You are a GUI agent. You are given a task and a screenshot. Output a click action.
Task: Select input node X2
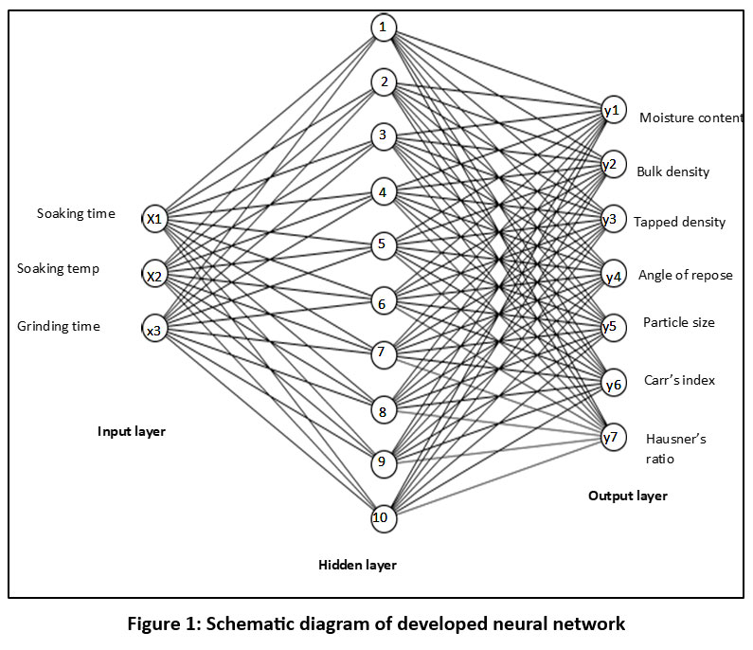(154, 276)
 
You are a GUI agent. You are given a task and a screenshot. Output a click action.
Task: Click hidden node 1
(383, 27)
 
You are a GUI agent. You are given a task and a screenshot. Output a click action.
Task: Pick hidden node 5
(383, 245)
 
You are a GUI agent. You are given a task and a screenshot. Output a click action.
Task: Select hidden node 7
(383, 354)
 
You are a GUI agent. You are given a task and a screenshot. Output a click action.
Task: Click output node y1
(612, 111)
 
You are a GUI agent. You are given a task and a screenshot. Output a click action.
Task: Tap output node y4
(612, 276)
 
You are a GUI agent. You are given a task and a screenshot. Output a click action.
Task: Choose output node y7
(612, 436)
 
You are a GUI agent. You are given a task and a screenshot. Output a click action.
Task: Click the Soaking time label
(76, 213)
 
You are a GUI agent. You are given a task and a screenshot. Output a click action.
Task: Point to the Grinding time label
(59, 327)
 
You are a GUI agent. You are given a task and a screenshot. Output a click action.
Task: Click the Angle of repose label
(685, 275)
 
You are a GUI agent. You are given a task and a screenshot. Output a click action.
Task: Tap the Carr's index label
(678, 380)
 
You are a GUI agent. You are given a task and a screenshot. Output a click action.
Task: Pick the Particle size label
(678, 322)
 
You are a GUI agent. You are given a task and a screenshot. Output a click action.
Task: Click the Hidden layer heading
(357, 566)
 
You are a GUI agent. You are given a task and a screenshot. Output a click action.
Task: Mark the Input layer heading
(132, 432)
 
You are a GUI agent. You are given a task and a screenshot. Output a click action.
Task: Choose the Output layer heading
(627, 496)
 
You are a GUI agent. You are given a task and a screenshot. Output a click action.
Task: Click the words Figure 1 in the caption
(208, 624)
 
